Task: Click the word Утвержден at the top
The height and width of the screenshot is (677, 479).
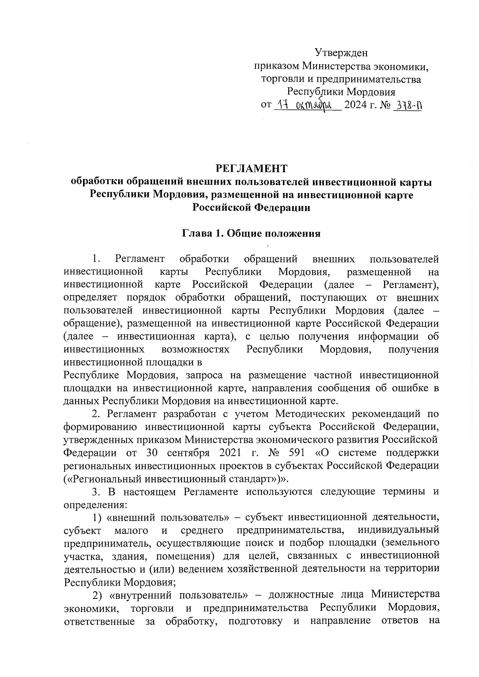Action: click(341, 52)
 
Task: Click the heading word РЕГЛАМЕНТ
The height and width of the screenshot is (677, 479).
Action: click(251, 168)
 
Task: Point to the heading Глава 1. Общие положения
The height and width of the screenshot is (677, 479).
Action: click(251, 234)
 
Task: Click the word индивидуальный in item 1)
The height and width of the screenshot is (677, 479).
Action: click(399, 531)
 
